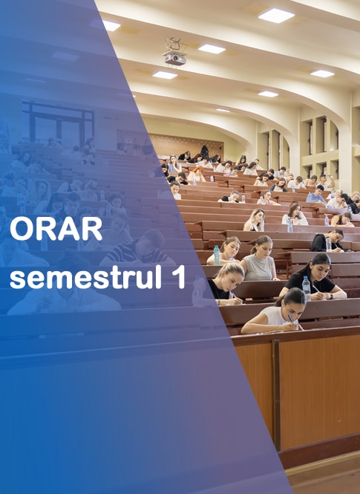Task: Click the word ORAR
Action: pos(56,228)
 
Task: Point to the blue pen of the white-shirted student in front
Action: pos(291,319)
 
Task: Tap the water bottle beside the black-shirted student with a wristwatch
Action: pos(307,287)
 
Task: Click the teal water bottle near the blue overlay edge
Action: pos(217,255)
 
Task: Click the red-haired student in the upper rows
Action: pos(197,174)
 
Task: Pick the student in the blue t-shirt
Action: pos(316,194)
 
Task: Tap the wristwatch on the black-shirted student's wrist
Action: pos(330,296)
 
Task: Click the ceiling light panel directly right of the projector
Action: pos(212,49)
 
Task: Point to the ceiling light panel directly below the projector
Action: pos(165,75)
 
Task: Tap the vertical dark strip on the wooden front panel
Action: pos(276,391)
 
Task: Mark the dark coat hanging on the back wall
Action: pos(205,152)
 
